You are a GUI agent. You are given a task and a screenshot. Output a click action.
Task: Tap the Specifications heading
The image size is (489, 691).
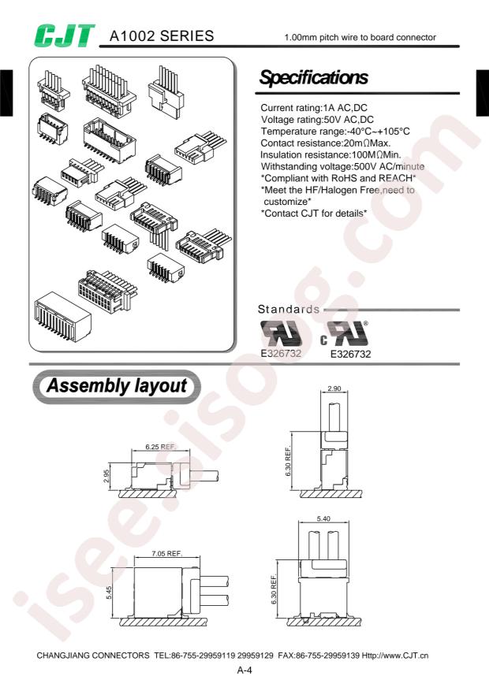coord(314,78)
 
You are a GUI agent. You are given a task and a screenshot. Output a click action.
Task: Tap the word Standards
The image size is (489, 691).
coord(289,310)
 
